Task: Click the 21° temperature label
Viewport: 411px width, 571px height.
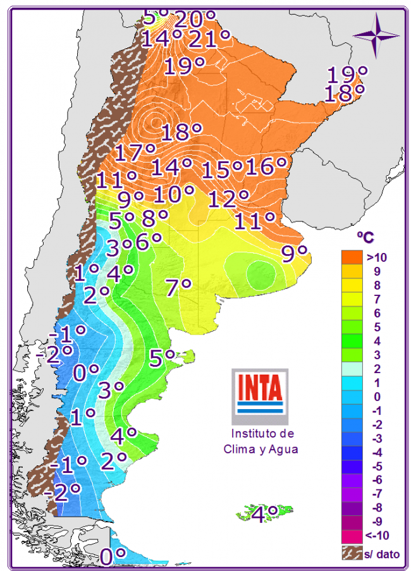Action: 209,39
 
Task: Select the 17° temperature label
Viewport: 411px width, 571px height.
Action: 135,153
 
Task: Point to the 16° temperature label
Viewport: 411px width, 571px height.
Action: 266,167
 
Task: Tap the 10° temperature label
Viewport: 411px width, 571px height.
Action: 173,194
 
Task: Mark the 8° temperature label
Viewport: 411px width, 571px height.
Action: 154,218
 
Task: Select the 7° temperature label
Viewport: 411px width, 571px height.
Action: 178,288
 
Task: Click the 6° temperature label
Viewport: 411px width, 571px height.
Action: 149,241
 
